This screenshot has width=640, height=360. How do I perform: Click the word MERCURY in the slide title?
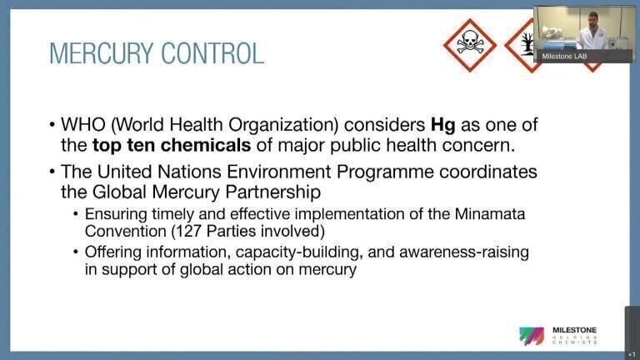[102, 53]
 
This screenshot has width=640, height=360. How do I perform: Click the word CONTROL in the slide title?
[212, 53]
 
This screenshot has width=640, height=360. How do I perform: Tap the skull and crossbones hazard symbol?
[470, 45]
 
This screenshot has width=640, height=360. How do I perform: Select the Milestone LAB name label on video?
[564, 57]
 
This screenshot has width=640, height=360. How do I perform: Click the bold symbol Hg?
[442, 125]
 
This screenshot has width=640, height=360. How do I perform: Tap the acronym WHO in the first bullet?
[83, 125]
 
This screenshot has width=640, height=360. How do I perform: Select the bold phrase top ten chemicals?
[172, 145]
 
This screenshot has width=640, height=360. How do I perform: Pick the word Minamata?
[490, 214]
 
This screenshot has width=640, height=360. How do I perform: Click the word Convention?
[125, 231]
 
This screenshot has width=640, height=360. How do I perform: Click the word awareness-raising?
[464, 252]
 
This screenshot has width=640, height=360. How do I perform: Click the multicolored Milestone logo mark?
[532, 336]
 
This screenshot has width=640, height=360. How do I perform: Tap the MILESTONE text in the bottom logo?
[575, 330]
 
